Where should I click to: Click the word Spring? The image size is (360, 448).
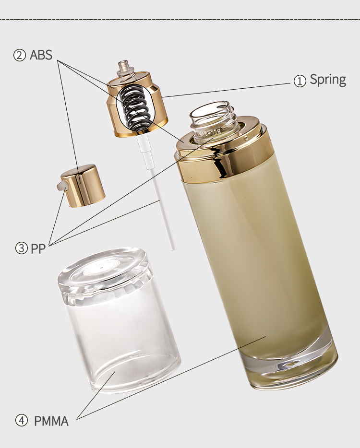pyautogui.click(x=328, y=80)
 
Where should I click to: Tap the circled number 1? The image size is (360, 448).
pyautogui.click(x=300, y=81)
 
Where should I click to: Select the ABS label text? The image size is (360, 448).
pyautogui.click(x=41, y=55)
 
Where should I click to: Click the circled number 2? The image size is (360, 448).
pyautogui.click(x=20, y=55)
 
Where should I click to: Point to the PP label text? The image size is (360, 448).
pyautogui.click(x=38, y=249)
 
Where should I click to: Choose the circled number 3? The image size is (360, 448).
pyautogui.click(x=21, y=248)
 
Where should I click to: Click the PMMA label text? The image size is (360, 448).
pyautogui.click(x=51, y=421)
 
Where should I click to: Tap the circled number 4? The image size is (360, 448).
pyautogui.click(x=22, y=421)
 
